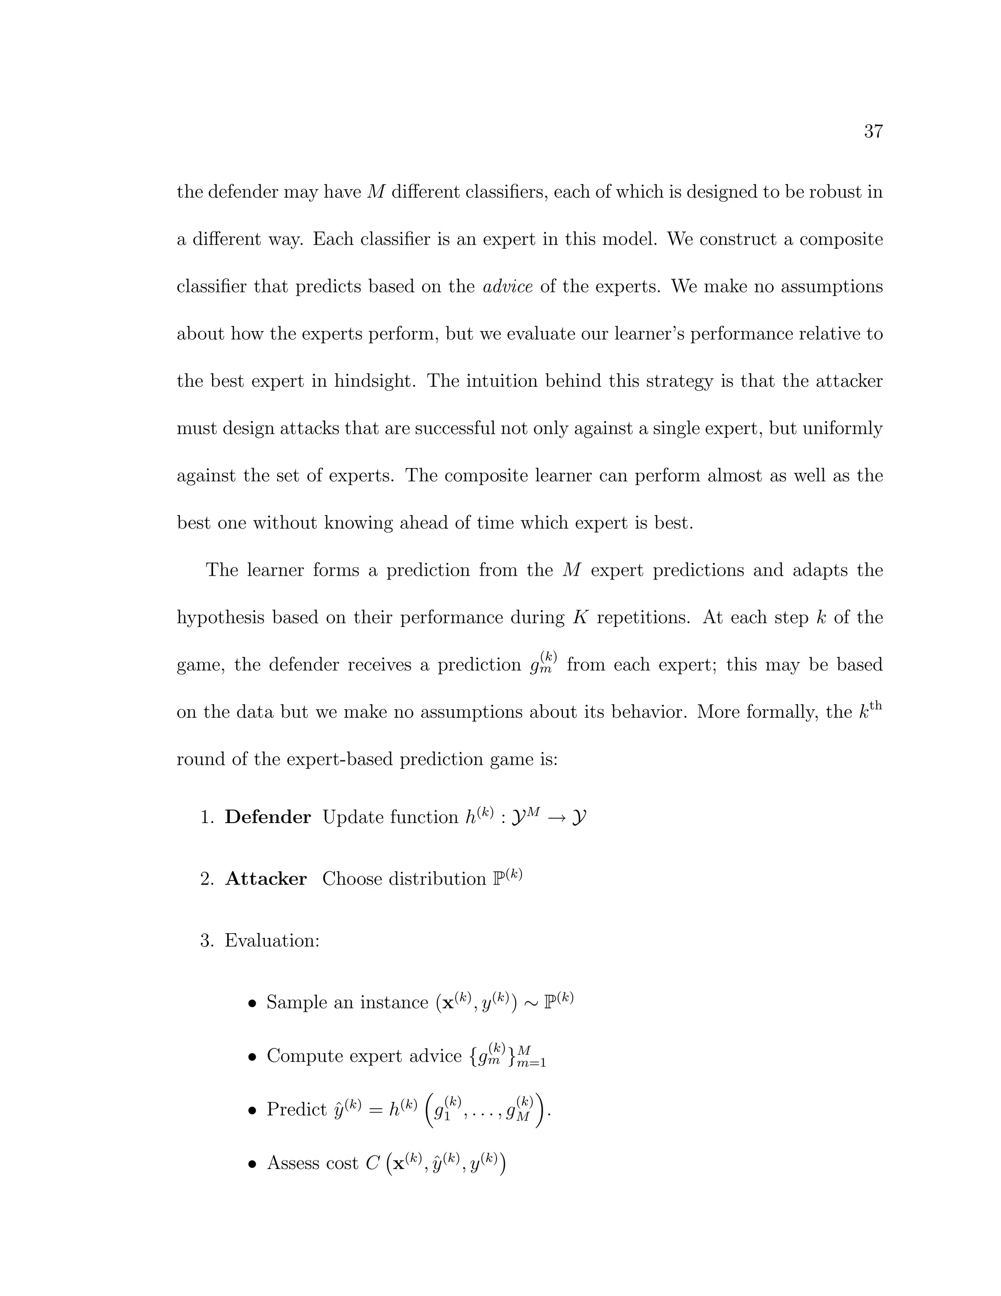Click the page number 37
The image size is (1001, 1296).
click(x=873, y=131)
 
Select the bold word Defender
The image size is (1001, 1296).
click(x=267, y=817)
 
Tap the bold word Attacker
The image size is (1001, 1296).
click(x=266, y=879)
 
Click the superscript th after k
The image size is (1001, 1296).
click(x=876, y=706)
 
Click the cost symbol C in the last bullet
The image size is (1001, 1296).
click(x=372, y=1163)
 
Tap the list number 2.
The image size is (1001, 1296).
click(x=206, y=879)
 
